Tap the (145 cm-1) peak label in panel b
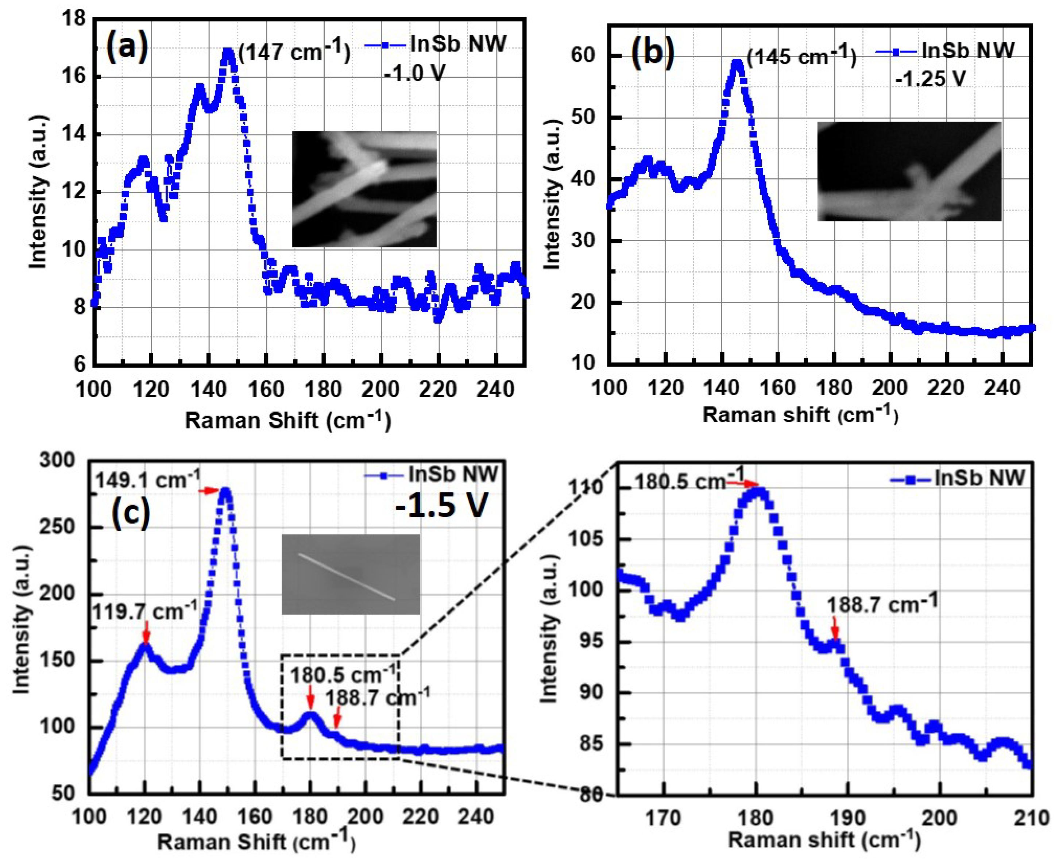pyautogui.click(x=801, y=56)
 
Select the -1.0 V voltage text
pyautogui.click(x=414, y=73)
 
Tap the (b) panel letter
pyautogui.click(x=653, y=52)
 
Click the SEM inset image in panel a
pyautogui.click(x=364, y=189)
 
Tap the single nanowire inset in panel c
pyautogui.click(x=351, y=574)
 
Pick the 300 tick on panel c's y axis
pyautogui.click(x=57, y=460)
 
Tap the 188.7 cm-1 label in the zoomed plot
pyautogui.click(x=882, y=604)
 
